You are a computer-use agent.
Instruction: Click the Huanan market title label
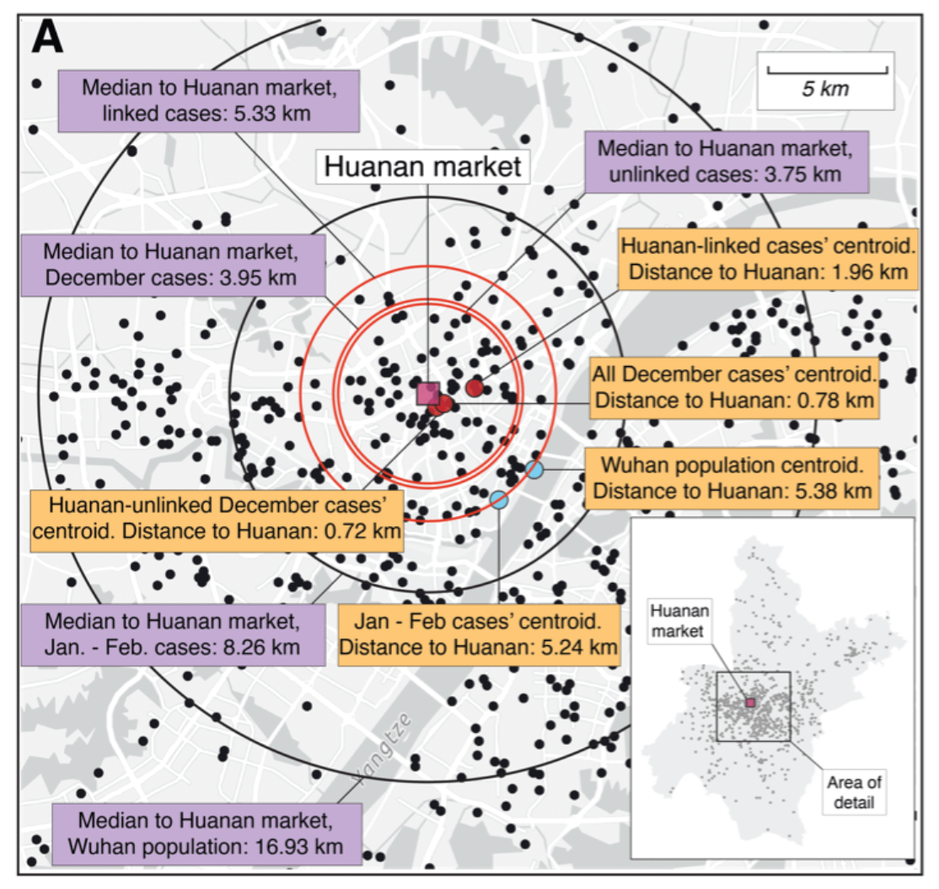point(423,166)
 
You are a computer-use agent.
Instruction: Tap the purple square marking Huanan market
point(428,393)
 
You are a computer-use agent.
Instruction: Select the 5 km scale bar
point(825,80)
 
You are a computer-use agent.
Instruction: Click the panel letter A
point(49,38)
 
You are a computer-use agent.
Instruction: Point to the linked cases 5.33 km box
point(210,99)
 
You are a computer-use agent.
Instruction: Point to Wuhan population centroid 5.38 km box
point(731,477)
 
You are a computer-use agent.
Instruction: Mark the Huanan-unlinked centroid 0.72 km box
point(217,519)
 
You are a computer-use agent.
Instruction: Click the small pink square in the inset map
point(750,702)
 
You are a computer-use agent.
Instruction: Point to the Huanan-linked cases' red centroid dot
point(475,387)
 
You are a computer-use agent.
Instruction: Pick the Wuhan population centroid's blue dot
point(534,468)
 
